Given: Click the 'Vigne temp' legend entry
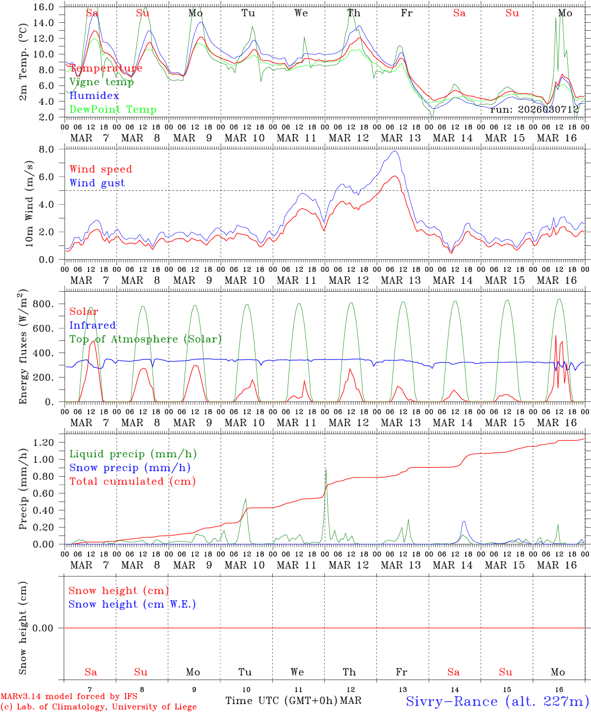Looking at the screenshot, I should click(101, 82).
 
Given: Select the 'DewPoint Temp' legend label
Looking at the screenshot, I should click(113, 110).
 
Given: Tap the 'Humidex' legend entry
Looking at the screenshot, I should click(94, 96).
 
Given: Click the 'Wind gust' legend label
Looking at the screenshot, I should click(97, 183).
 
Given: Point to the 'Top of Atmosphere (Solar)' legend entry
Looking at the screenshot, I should click(146, 339).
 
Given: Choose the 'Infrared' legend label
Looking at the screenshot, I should click(93, 325).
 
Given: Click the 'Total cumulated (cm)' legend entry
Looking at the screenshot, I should click(132, 482).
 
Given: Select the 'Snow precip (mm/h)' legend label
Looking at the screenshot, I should click(130, 468).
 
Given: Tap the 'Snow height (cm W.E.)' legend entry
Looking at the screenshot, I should click(132, 604).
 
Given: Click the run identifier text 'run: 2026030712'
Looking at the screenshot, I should click(535, 110).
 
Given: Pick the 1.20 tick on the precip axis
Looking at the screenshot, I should click(47, 443).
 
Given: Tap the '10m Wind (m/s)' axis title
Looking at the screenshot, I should click(29, 203).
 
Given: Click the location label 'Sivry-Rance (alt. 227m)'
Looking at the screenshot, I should click(497, 701).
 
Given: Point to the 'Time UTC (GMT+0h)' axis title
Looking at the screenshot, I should click(281, 701).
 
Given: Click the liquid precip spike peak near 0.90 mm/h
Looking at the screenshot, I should click(326, 468).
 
